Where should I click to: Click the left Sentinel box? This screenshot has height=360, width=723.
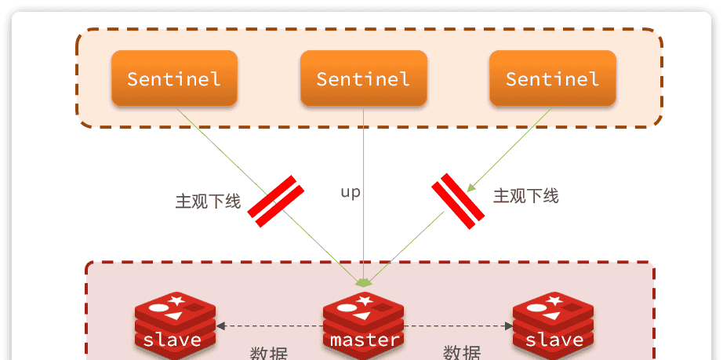pyautogui.click(x=174, y=78)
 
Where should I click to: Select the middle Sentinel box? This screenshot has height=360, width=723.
pyautogui.click(x=363, y=78)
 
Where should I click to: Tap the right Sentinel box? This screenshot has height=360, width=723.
pyautogui.click(x=552, y=78)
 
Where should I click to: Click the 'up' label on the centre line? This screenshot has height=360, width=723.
pyautogui.click(x=351, y=191)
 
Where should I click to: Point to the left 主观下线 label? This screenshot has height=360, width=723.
pyautogui.click(x=207, y=202)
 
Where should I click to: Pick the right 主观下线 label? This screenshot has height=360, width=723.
pyautogui.click(x=525, y=196)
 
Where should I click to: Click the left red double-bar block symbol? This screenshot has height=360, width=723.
pyautogui.click(x=276, y=202)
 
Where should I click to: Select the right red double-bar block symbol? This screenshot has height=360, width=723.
pyautogui.click(x=458, y=201)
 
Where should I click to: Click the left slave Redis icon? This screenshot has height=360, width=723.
pyautogui.click(x=174, y=323)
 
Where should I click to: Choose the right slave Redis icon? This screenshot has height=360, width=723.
pyautogui.click(x=553, y=323)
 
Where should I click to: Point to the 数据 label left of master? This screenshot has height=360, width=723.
pyautogui.click(x=268, y=353)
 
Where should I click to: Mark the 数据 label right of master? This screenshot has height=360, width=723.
pyautogui.click(x=461, y=353)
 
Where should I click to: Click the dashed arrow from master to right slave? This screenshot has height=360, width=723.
pyautogui.click(x=458, y=325)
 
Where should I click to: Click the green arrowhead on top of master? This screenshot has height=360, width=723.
pyautogui.click(x=364, y=282)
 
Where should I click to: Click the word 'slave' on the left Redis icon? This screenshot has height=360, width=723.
pyautogui.click(x=172, y=340)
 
